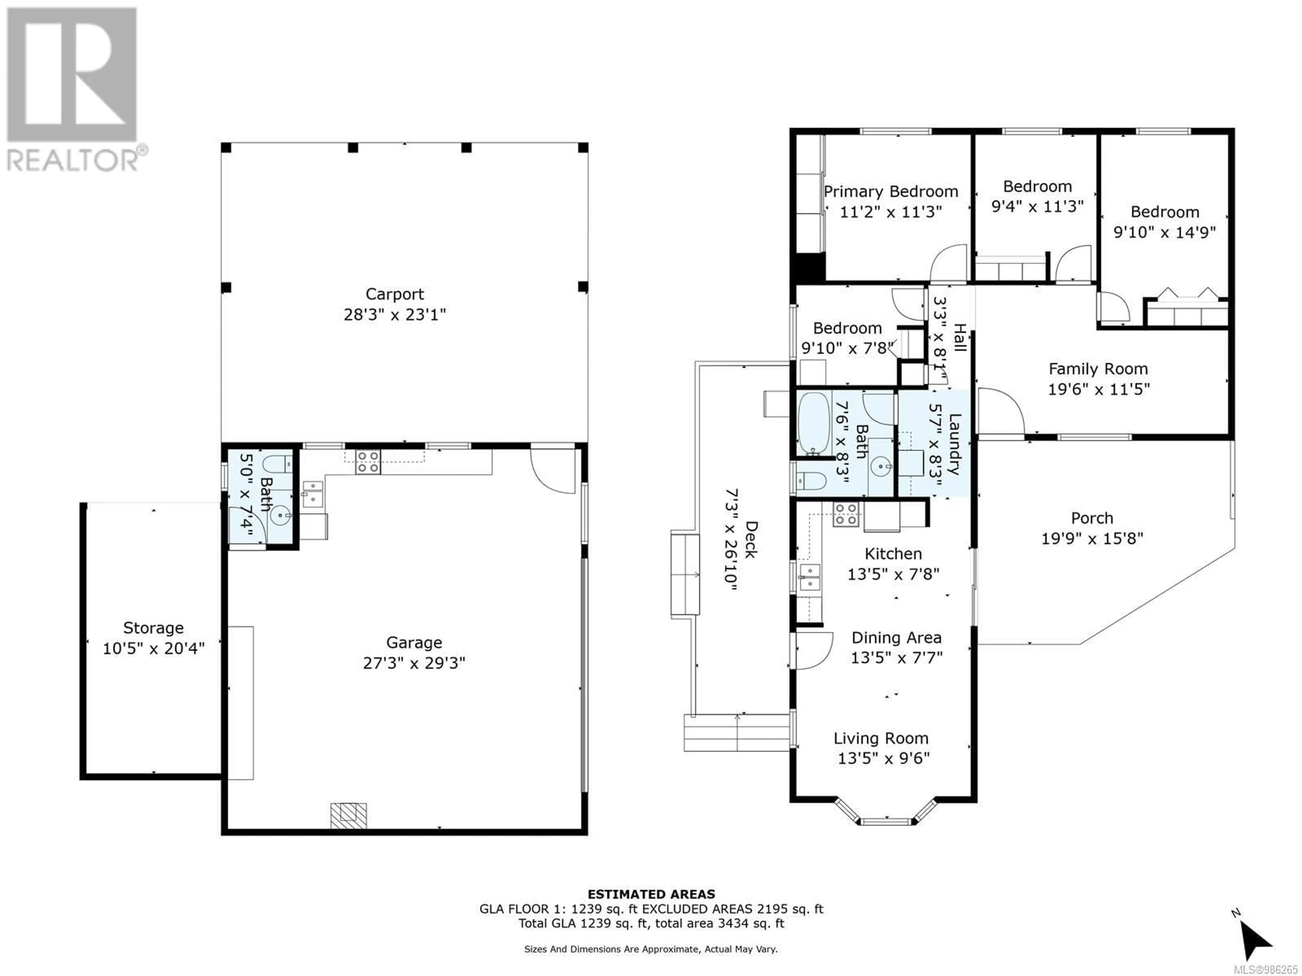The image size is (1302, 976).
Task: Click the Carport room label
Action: pos(394,294)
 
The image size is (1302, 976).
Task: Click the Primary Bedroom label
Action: pos(891,192)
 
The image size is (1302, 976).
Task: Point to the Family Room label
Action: pos(1098,369)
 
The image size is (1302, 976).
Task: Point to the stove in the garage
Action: pos(367,462)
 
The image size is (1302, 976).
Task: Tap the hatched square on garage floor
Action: pos(349,816)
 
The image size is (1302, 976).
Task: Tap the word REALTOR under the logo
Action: pos(73,160)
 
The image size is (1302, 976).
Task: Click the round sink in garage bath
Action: pos(280,515)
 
